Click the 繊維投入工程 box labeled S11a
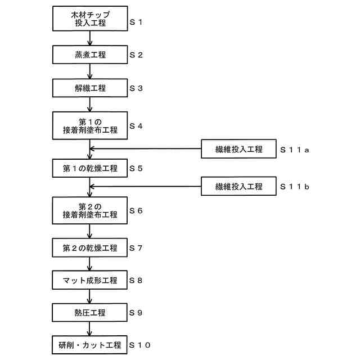click(x=238, y=149)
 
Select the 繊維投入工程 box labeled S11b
click(x=238, y=186)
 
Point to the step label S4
click(x=137, y=126)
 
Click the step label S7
click(x=137, y=248)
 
